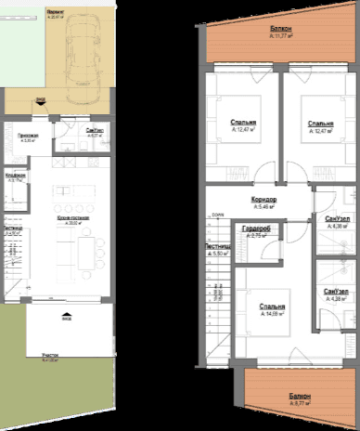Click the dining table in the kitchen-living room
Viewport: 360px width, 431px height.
pyautogui.click(x=86, y=250)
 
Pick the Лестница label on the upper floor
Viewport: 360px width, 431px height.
pyautogui.click(x=220, y=247)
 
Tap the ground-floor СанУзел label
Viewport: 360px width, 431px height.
pyautogui.click(x=93, y=131)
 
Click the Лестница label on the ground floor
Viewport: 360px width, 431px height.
pyautogui.click(x=12, y=228)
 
